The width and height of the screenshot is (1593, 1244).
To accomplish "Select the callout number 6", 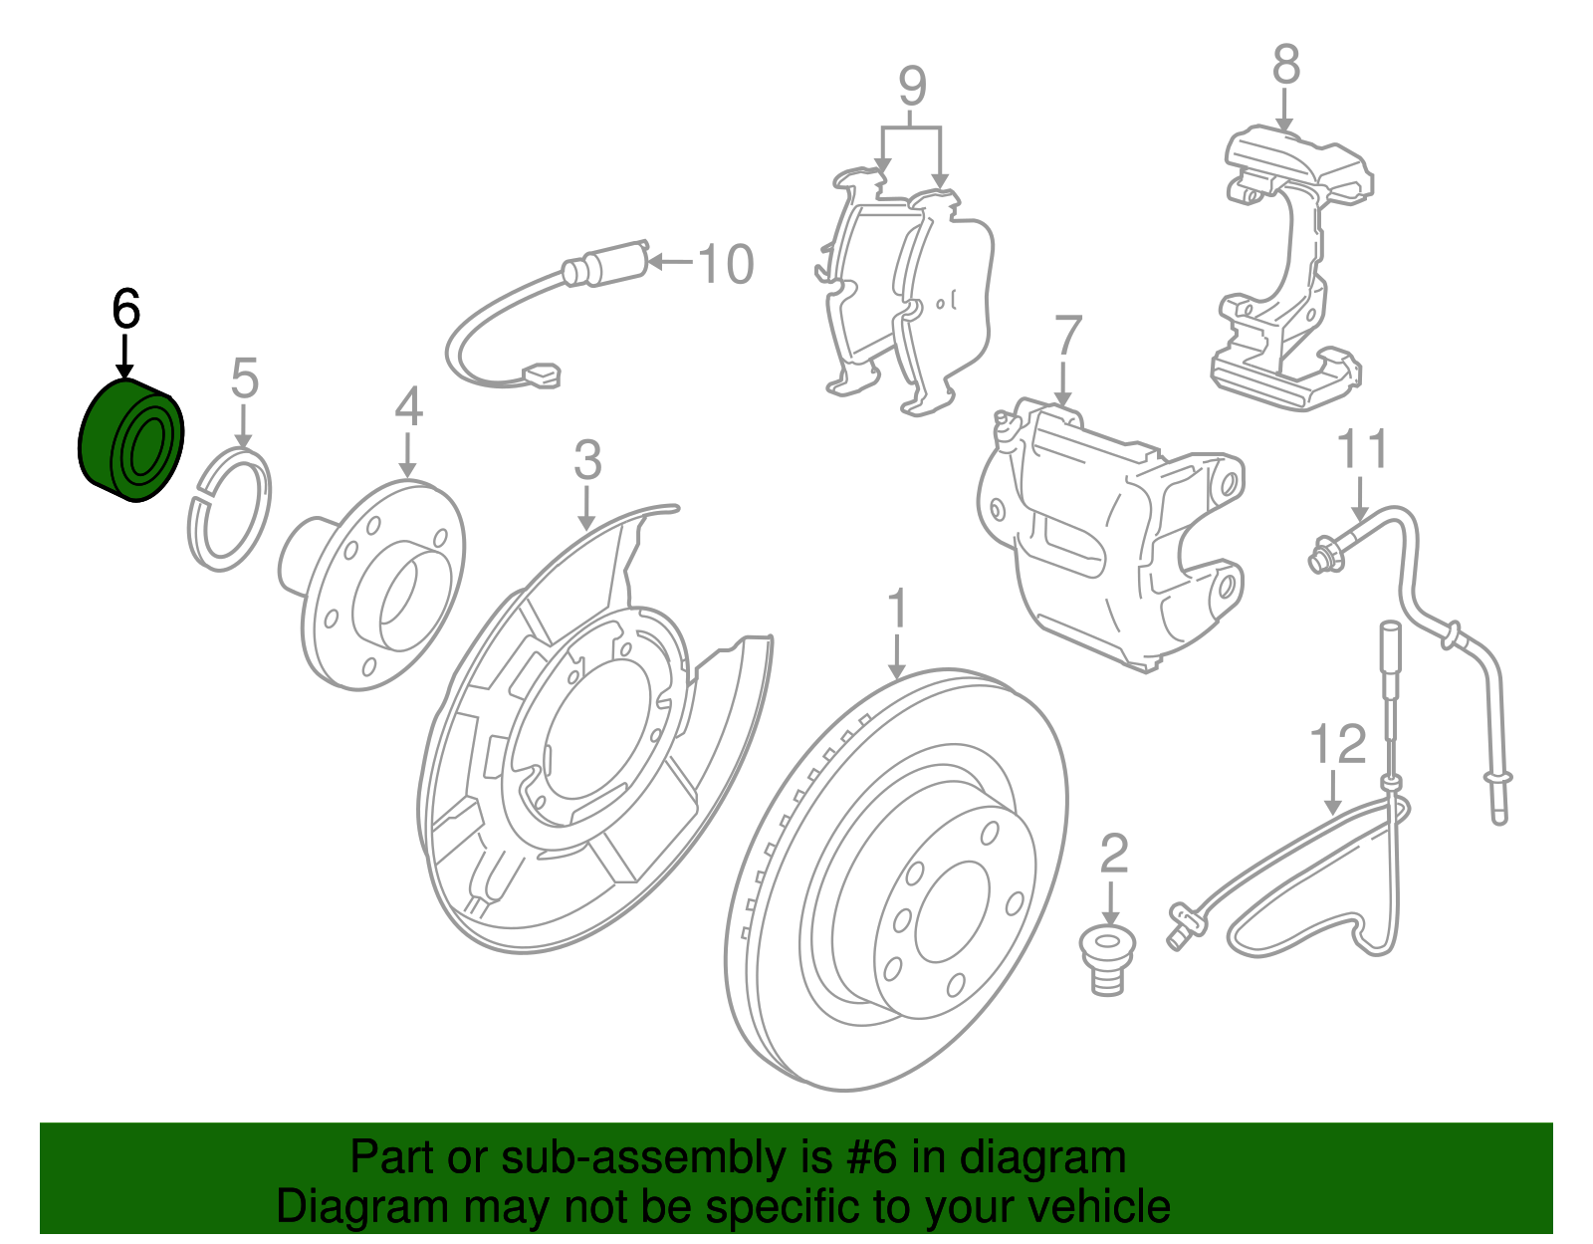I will click(x=125, y=309).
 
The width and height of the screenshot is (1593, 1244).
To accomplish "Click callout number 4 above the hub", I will click(x=408, y=407).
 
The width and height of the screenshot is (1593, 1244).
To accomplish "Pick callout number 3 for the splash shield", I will click(x=587, y=460).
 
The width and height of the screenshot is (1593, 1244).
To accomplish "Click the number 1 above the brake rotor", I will click(x=897, y=609).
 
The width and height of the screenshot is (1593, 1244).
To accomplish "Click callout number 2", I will click(x=1113, y=854).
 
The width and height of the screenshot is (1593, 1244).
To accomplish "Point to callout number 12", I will click(x=1337, y=744).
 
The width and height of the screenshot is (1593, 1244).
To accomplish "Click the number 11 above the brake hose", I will click(x=1361, y=449).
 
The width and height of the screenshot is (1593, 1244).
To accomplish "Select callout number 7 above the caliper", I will click(x=1067, y=336).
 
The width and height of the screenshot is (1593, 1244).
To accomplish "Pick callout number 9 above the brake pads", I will click(x=911, y=86).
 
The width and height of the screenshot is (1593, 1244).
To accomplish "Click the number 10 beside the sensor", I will click(x=725, y=264).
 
